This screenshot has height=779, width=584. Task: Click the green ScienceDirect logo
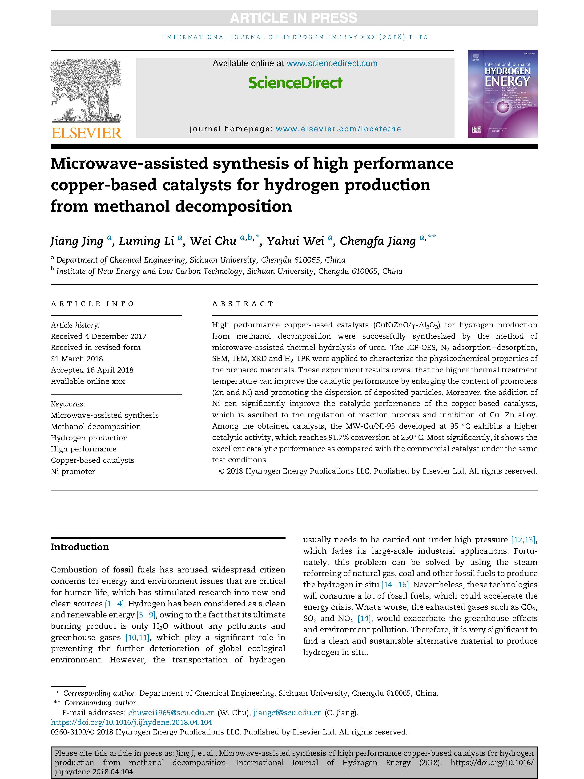click(295, 83)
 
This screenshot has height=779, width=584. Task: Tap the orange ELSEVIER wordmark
click(86, 133)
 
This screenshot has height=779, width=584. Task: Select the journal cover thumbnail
click(502, 94)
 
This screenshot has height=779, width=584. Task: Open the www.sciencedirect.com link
click(332, 63)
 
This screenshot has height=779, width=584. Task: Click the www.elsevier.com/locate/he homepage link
click(338, 129)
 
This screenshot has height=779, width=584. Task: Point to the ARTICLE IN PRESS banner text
click(294, 18)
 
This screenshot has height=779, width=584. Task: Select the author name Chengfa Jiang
click(378, 241)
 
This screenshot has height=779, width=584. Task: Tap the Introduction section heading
click(80, 547)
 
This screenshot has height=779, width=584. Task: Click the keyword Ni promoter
click(73, 471)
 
